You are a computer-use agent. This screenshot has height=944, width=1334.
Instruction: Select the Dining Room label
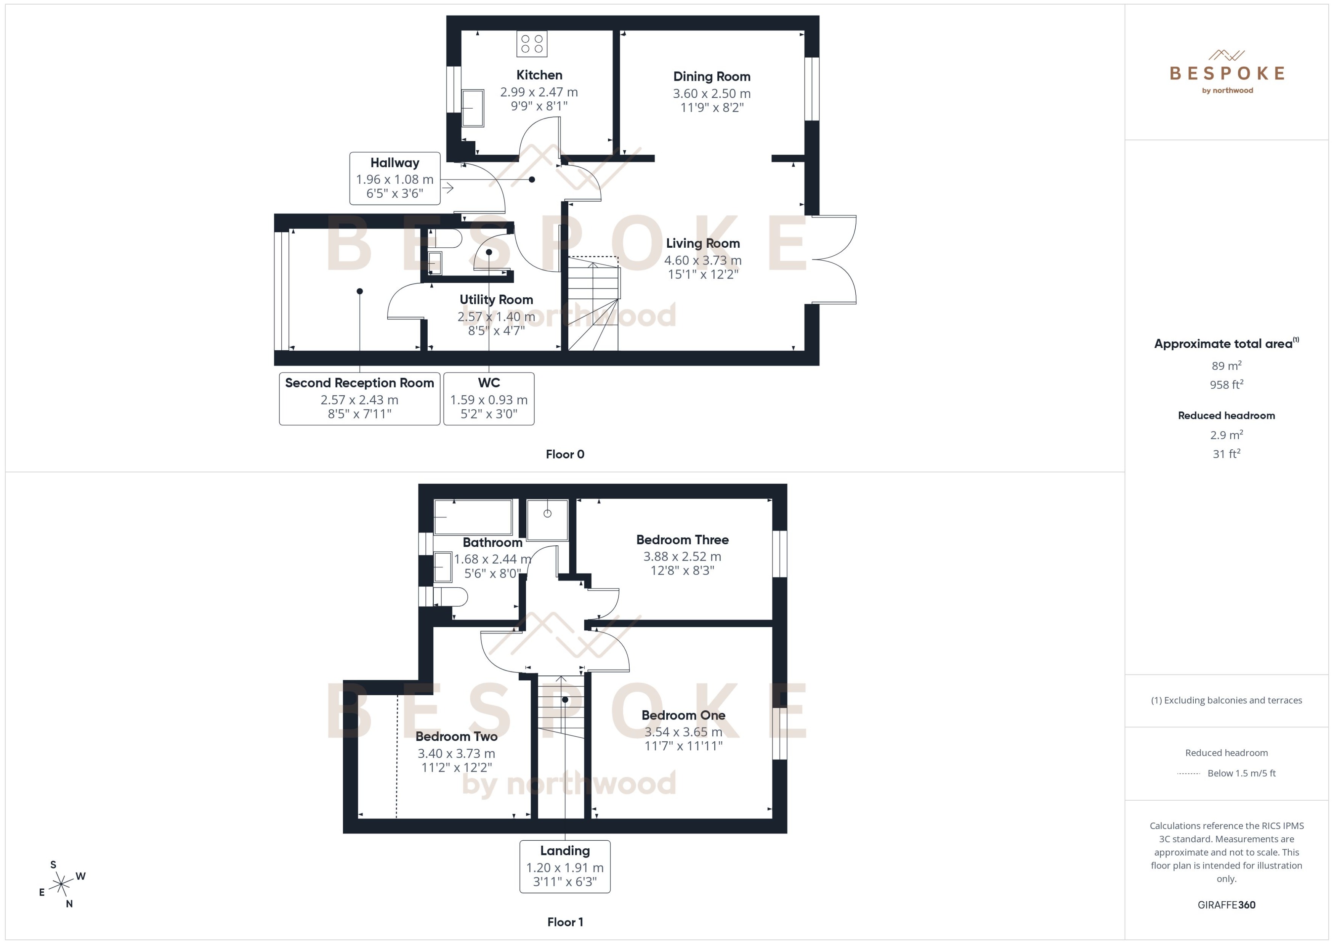click(x=712, y=77)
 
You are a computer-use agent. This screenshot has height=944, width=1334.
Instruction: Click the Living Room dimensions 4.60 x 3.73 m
click(x=703, y=260)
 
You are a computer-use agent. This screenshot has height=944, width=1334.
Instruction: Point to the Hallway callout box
click(x=395, y=178)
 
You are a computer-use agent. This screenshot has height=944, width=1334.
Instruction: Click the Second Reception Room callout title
click(x=359, y=383)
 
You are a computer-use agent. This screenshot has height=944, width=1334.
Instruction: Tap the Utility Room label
click(x=496, y=300)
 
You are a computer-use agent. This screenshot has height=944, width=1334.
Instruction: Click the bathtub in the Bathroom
click(x=473, y=517)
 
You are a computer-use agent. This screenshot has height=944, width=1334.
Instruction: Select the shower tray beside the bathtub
click(x=547, y=520)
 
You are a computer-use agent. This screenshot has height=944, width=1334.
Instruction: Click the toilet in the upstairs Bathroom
click(x=451, y=596)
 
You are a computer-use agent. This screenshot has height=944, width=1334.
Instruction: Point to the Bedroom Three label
click(x=682, y=540)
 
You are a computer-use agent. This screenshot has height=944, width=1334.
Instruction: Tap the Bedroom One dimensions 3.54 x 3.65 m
click(x=683, y=732)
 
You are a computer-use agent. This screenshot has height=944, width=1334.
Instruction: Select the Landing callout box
click(x=564, y=866)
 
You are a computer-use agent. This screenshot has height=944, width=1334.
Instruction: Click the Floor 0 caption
click(x=564, y=455)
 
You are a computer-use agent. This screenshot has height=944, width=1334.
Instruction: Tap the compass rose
click(x=61, y=885)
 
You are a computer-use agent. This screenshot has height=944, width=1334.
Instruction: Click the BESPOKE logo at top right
click(x=1227, y=73)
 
